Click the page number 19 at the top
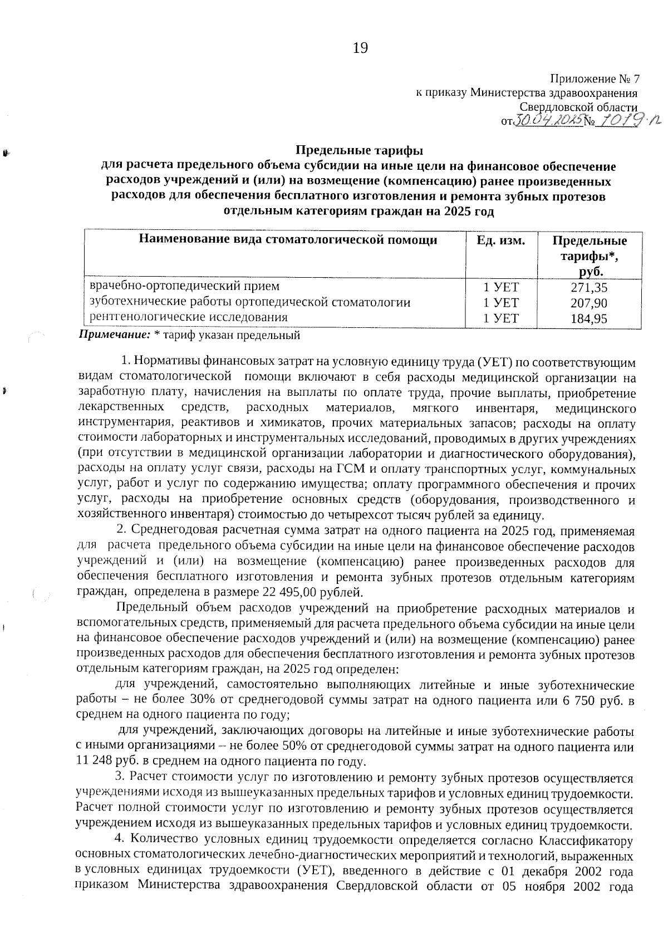360,48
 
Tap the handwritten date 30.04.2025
547,120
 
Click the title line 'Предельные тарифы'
359,150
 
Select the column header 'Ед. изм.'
501,240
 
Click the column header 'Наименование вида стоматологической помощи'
288,240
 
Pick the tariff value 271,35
589,288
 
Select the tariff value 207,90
589,303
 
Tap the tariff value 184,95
589,319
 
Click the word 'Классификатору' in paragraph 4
588,839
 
